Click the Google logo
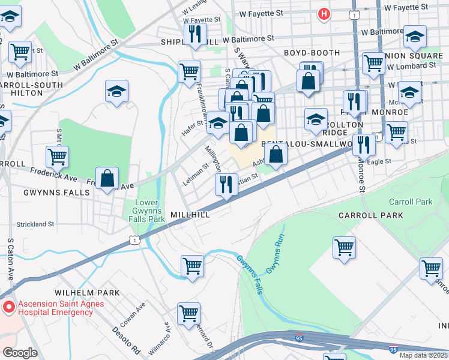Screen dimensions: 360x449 click(x=20, y=353)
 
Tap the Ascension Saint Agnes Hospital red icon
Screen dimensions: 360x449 click(x=8, y=308)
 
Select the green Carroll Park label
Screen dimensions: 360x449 click(x=411, y=202)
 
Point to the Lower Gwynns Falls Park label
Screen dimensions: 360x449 click(x=150, y=211)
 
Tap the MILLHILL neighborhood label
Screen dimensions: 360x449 click(x=190, y=214)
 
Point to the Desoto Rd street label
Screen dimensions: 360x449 click(x=127, y=341)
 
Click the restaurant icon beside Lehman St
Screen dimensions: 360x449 click(x=226, y=184)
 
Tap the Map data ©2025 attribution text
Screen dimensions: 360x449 click(x=423, y=355)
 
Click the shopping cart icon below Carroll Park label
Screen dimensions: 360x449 click(x=344, y=247)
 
